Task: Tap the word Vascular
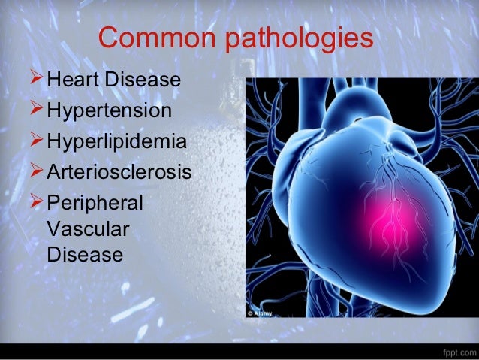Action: pyautogui.click(x=85, y=229)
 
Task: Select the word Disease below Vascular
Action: pyautogui.click(x=83, y=255)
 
